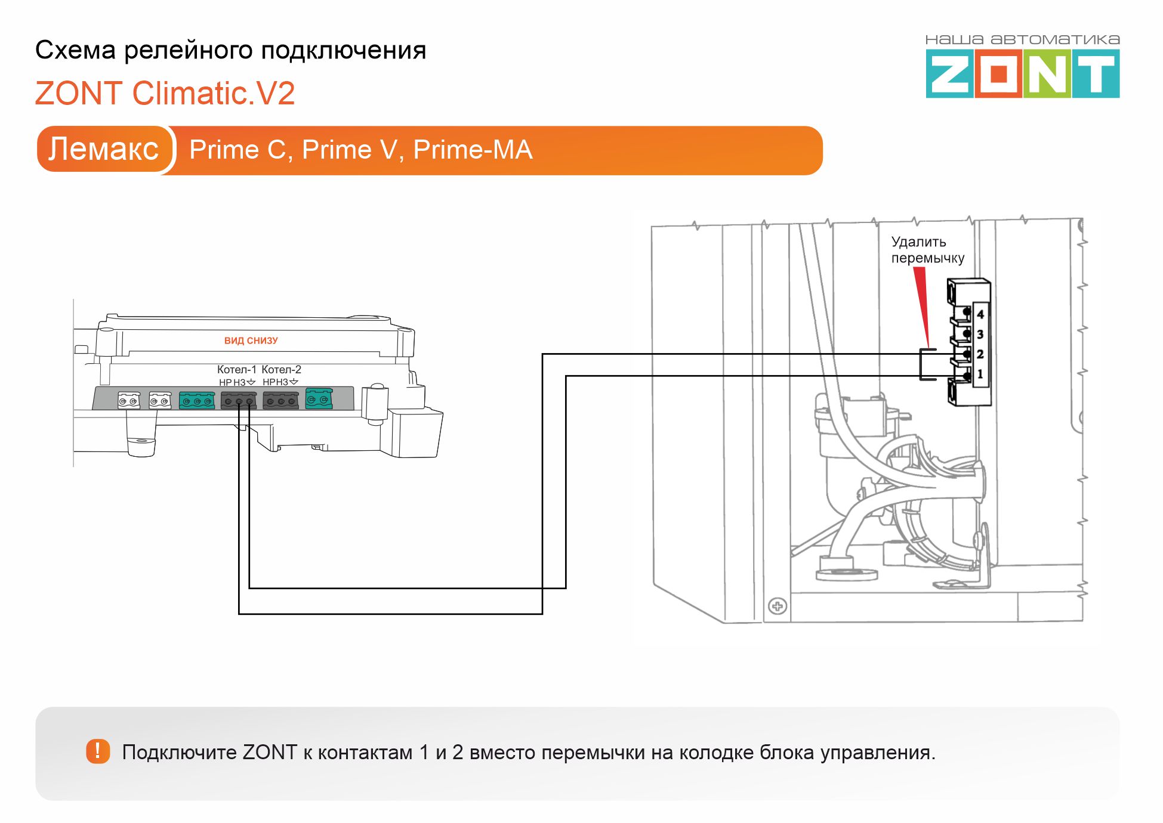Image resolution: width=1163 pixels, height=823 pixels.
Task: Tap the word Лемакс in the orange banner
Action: tap(103, 149)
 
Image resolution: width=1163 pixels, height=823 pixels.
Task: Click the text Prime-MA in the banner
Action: tap(473, 150)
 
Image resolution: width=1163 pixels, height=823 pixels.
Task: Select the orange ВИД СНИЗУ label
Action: tap(251, 341)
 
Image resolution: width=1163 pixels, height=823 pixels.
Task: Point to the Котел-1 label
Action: tap(236, 369)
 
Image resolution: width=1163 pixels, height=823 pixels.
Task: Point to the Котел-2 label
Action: tap(281, 369)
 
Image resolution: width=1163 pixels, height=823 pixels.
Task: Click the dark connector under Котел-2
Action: tap(280, 400)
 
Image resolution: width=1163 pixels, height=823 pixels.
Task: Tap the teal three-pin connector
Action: tap(196, 400)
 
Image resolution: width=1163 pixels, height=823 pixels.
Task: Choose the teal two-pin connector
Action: tap(319, 398)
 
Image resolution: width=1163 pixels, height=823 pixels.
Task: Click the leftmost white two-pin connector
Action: tap(129, 400)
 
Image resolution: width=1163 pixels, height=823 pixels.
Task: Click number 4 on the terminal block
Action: tap(980, 314)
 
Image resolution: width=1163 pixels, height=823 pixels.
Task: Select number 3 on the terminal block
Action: tap(980, 335)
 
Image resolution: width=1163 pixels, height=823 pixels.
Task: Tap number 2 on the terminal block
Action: tap(980, 354)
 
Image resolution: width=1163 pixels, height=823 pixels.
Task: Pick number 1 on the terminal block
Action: tap(980, 374)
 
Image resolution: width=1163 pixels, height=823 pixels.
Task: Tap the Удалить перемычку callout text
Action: tap(927, 250)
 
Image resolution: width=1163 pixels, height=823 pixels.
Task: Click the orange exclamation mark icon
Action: tap(98, 751)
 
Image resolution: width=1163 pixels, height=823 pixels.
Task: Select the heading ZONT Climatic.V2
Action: tap(165, 94)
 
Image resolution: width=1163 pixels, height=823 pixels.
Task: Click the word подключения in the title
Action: tap(344, 51)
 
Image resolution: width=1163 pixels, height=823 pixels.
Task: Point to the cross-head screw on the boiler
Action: tap(777, 607)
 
